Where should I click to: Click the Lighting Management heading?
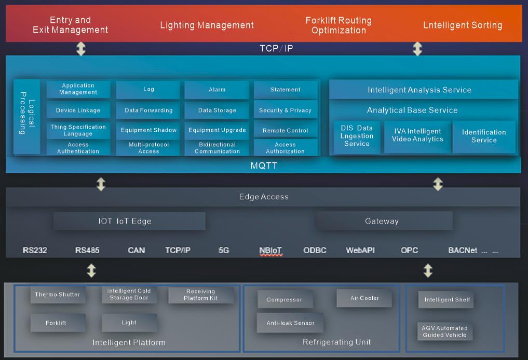click(x=207, y=25)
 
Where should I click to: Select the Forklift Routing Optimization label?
click(x=339, y=25)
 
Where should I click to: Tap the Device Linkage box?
click(x=78, y=110)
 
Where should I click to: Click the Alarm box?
click(x=217, y=90)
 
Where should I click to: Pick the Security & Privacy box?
click(x=285, y=110)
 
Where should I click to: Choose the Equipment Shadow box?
click(x=148, y=130)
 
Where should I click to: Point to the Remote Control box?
click(x=285, y=131)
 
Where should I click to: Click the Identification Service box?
click(x=484, y=136)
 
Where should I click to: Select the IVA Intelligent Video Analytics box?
click(x=417, y=136)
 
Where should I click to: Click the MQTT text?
click(x=264, y=166)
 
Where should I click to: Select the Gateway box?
click(x=382, y=221)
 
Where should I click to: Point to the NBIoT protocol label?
click(x=270, y=251)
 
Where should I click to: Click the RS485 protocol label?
click(x=87, y=251)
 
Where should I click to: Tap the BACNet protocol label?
click(x=463, y=251)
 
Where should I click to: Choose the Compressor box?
click(x=284, y=300)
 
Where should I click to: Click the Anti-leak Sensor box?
click(x=290, y=323)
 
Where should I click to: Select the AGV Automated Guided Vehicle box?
click(x=444, y=331)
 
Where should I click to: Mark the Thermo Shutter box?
click(x=58, y=295)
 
